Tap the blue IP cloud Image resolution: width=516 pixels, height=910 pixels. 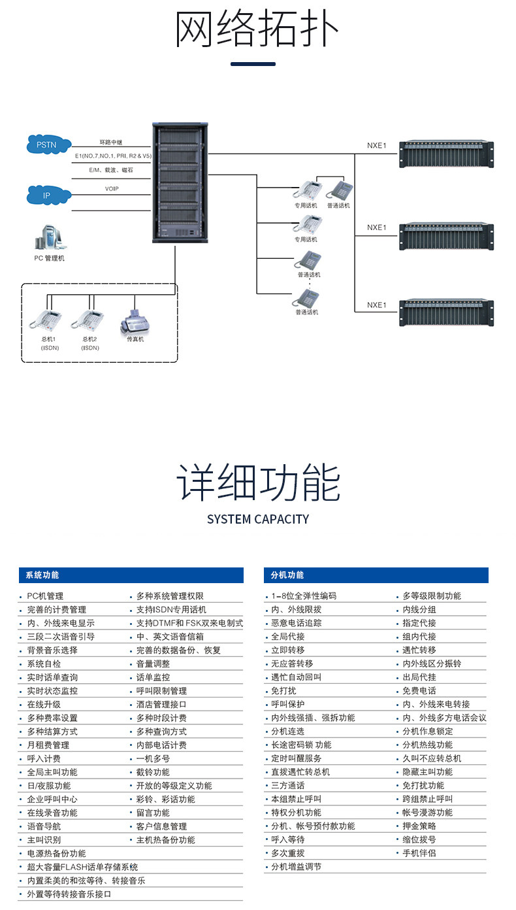[48, 195]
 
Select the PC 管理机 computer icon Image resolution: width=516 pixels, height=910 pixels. [50, 237]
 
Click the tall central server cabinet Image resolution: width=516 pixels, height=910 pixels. [180, 182]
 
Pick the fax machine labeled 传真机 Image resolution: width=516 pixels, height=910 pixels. [135, 322]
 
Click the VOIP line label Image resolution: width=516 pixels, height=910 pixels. [112, 189]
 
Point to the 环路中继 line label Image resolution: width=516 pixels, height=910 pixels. [111, 143]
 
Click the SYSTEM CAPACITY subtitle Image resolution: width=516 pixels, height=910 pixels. [258, 519]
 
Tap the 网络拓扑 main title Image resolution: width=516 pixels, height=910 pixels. [257, 29]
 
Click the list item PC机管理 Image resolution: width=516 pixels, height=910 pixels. [45, 596]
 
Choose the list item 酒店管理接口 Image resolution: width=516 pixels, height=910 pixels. [161, 705]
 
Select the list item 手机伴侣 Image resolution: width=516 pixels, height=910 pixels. [419, 853]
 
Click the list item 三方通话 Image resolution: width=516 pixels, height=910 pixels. [288, 785]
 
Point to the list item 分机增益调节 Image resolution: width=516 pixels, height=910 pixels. [296, 867]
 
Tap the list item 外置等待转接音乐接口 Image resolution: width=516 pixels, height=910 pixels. [69, 894]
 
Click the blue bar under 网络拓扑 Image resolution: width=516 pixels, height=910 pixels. [253, 64]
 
